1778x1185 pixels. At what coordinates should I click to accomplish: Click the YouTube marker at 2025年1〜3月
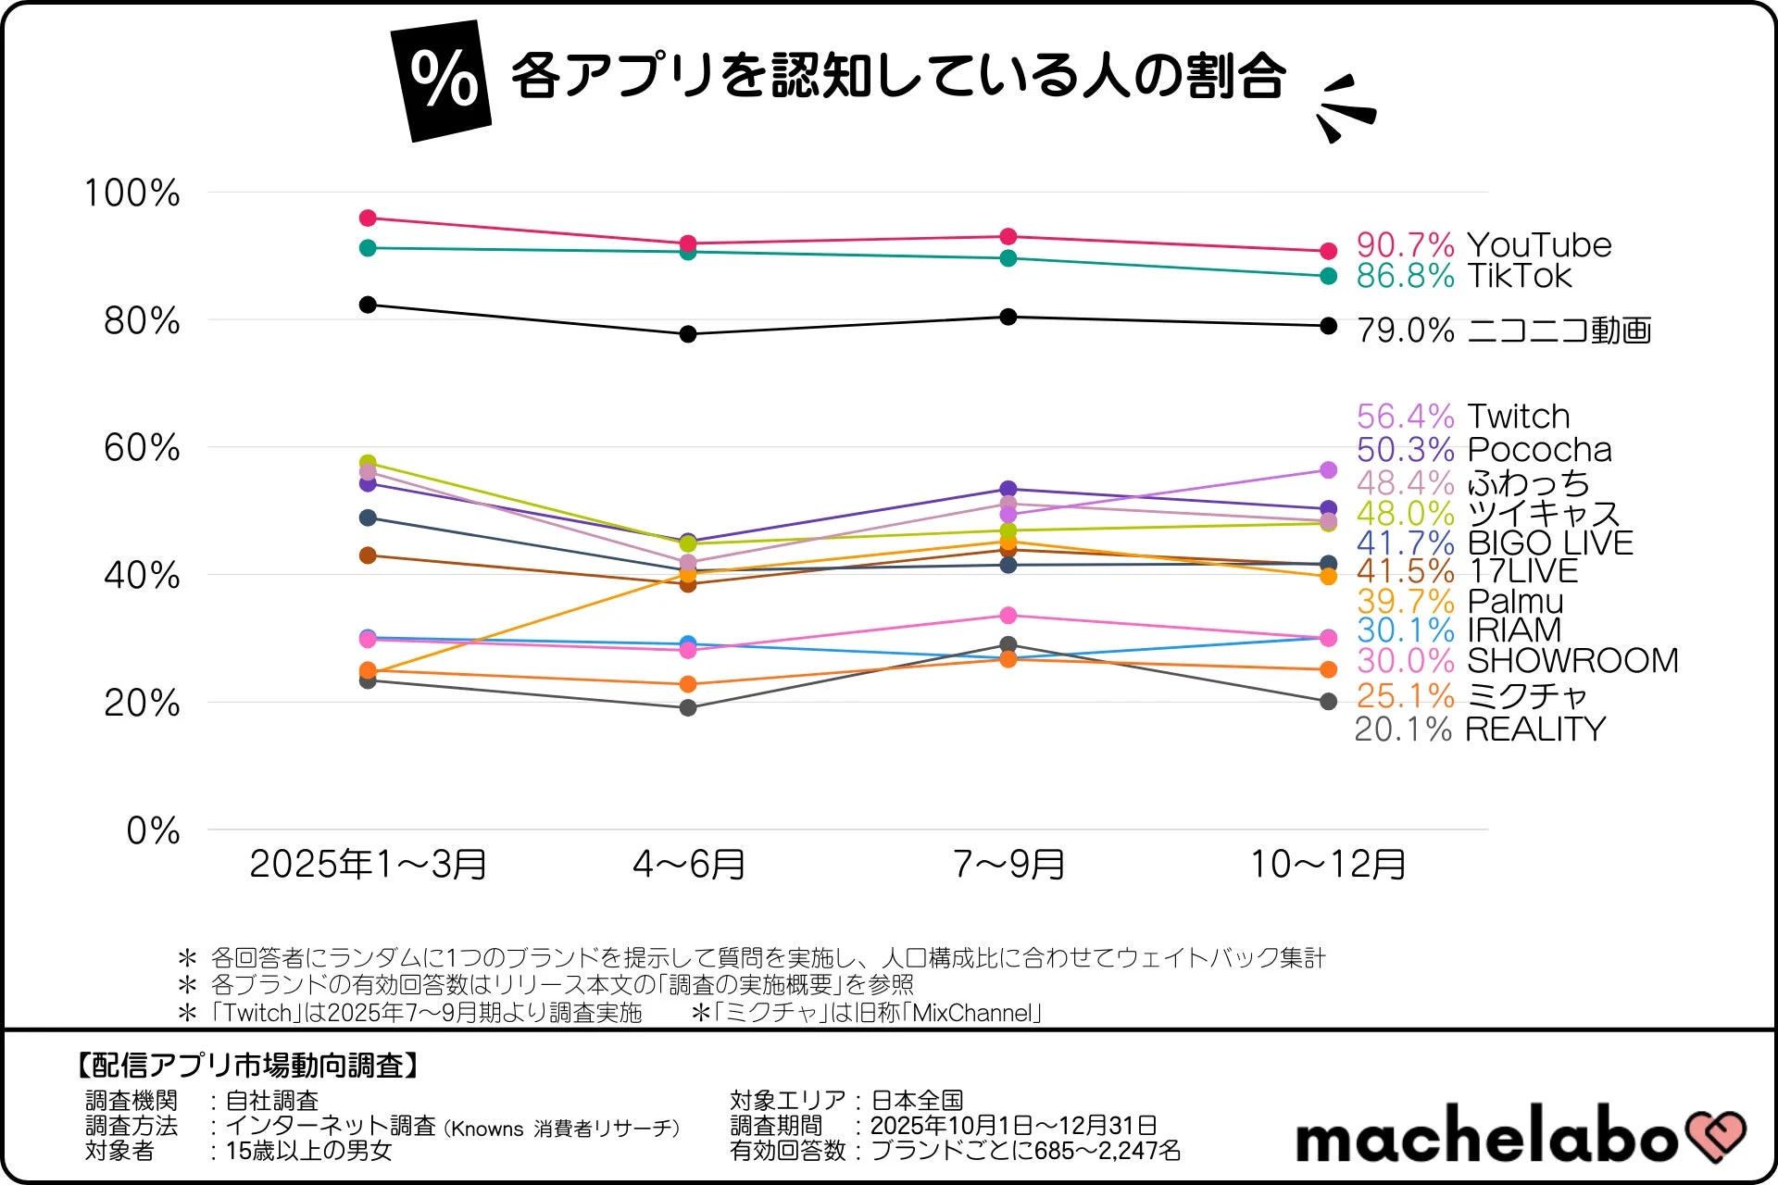point(368,218)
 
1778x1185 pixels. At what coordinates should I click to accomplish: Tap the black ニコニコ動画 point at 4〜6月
point(688,334)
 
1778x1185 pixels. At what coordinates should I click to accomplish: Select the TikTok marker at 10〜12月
point(1328,276)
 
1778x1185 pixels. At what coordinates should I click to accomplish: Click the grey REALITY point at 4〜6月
point(688,708)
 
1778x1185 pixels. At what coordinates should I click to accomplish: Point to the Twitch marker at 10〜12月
point(1328,470)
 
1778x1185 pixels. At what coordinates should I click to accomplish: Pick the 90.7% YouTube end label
point(1484,245)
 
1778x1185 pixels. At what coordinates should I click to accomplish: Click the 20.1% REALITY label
point(1480,730)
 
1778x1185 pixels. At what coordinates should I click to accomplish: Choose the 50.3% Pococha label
point(1484,450)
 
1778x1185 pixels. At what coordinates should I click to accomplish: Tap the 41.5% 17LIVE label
point(1467,571)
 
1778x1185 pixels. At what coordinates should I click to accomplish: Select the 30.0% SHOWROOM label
point(1517,661)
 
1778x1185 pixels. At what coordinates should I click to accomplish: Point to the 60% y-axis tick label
point(141,448)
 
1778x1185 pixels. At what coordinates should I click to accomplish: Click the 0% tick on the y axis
point(153,830)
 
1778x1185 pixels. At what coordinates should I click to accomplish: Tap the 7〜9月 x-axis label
point(1008,865)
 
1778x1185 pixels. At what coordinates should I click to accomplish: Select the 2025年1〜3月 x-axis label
point(368,865)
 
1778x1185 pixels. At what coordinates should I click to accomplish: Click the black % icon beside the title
point(442,81)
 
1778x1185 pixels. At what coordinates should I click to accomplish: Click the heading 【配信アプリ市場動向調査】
point(246,1066)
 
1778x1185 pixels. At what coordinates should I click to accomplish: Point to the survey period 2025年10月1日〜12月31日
point(1013,1126)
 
